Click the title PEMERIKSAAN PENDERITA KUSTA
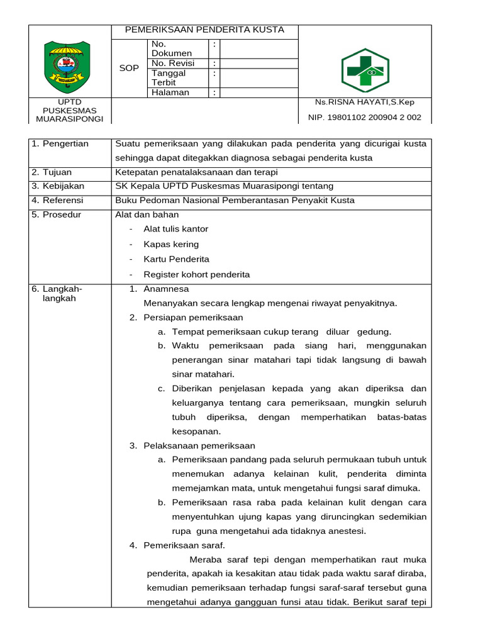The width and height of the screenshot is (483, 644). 204,30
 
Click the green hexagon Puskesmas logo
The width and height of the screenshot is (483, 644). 365,70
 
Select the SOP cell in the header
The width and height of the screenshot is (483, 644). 129,68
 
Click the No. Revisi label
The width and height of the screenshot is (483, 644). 173,63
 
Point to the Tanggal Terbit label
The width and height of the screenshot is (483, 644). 168,77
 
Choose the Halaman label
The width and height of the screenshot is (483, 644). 170,92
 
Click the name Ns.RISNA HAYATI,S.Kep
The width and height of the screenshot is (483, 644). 364,102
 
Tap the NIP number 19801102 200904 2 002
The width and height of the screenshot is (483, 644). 364,117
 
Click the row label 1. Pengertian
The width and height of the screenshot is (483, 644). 60,143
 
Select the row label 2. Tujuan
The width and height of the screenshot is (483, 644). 52,172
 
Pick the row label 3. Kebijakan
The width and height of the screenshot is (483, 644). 58,186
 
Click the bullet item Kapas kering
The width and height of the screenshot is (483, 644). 171,244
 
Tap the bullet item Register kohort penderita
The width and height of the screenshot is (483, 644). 196,274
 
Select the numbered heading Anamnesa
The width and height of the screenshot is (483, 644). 166,289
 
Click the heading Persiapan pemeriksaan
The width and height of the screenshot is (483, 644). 193,317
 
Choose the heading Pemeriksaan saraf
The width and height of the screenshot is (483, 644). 184,545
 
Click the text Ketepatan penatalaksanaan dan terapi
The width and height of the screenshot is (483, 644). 196,172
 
